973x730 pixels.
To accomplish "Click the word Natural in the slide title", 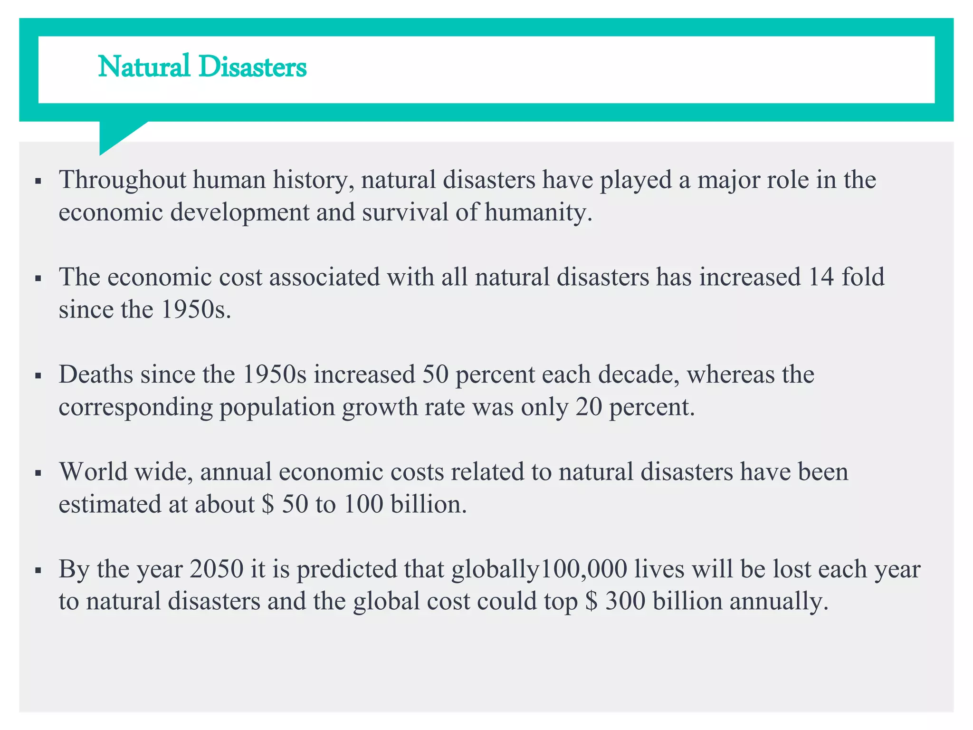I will point(144,67).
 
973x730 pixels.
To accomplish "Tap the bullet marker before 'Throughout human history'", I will point(39,182).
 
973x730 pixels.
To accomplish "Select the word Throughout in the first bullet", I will point(122,181).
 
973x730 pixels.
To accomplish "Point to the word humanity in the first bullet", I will point(538,212).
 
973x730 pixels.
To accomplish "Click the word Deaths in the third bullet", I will point(95,375).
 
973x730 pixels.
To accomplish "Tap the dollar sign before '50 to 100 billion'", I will point(268,504).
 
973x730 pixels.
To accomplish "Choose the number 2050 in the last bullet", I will point(216,569).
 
